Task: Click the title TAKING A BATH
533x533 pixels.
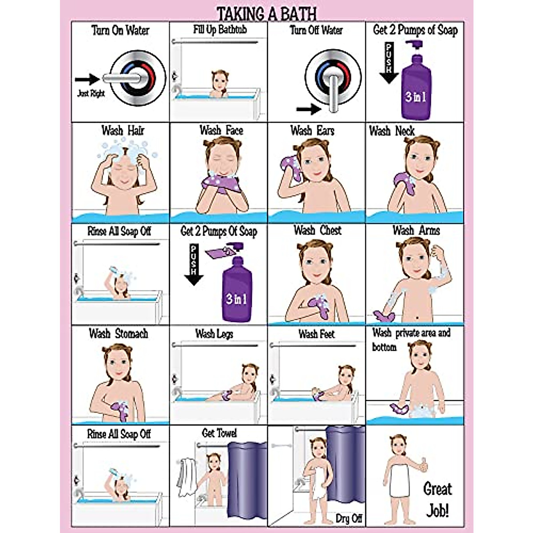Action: pyautogui.click(x=266, y=13)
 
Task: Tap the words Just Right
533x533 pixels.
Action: pyautogui.click(x=91, y=94)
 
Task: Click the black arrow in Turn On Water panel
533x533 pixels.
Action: pyautogui.click(x=87, y=80)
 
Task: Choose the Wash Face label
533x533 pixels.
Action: pyautogui.click(x=221, y=131)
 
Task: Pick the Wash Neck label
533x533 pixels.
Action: pyautogui.click(x=392, y=131)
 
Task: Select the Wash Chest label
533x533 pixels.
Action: pyautogui.click(x=318, y=231)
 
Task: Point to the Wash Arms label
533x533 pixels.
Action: pyautogui.click(x=416, y=231)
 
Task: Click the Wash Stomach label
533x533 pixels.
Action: pyautogui.click(x=118, y=334)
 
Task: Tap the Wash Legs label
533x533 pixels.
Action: pyautogui.click(x=214, y=334)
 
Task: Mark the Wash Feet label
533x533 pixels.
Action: pyautogui.click(x=316, y=334)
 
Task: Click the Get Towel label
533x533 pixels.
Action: pyautogui.click(x=219, y=433)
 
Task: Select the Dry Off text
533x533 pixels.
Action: pyautogui.click(x=349, y=518)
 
